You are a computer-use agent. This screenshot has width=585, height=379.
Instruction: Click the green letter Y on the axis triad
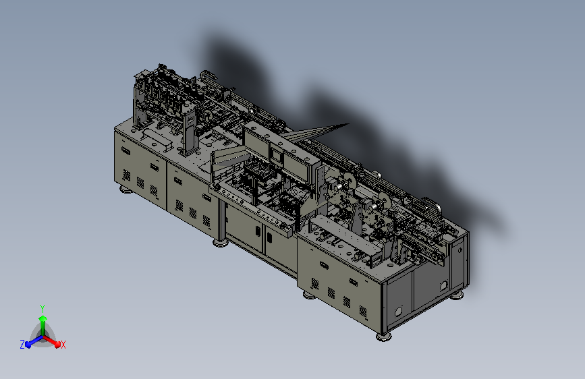(43, 308)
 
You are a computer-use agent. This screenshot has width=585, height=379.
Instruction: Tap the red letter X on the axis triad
(63, 345)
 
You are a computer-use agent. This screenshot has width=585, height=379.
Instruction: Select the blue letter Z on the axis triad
(22, 345)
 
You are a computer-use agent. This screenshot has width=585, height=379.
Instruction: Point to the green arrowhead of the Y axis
(43, 318)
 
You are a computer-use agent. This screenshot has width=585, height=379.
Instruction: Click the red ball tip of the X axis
(57, 345)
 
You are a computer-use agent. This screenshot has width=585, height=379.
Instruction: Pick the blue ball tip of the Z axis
(28, 345)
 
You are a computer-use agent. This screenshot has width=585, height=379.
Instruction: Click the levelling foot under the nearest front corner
(384, 337)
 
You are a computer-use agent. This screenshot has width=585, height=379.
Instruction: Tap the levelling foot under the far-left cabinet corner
(126, 190)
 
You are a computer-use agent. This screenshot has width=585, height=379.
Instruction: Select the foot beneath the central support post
(221, 243)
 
